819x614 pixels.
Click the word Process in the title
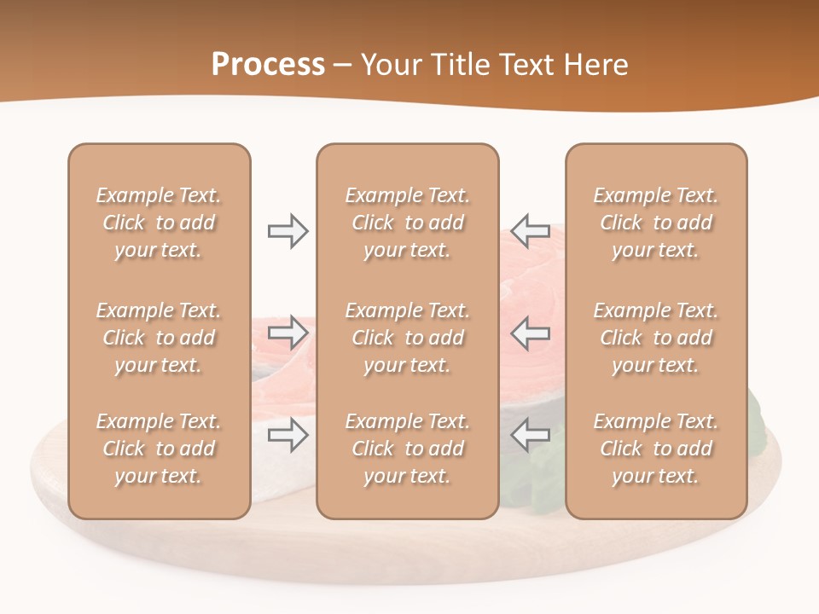(268, 65)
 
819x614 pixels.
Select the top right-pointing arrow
(288, 231)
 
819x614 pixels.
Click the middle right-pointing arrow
(288, 332)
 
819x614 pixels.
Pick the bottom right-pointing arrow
(288, 435)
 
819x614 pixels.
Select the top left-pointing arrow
(530, 231)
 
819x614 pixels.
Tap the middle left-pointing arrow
(530, 332)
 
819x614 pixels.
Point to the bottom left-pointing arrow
(530, 435)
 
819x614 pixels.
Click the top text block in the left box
(159, 223)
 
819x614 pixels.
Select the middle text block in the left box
(159, 338)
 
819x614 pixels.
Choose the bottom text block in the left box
(159, 449)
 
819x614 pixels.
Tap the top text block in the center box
(407, 223)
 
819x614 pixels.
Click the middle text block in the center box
(407, 338)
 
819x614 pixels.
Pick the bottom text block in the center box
(407, 449)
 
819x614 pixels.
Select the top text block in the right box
(655, 223)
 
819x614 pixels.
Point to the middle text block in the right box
(655, 338)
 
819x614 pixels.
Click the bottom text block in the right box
(655, 449)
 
